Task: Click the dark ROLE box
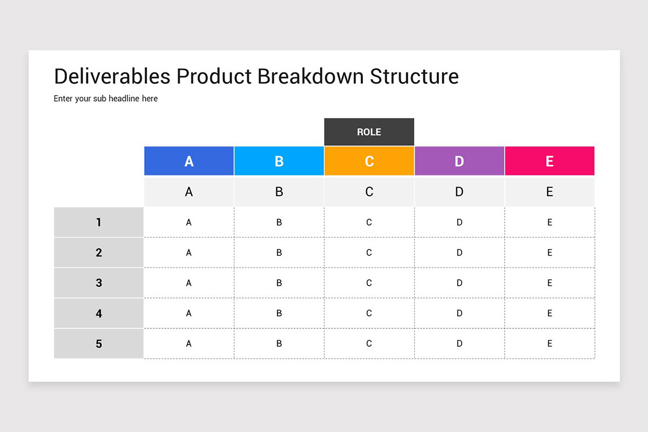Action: [x=369, y=132]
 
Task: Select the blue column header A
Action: [x=189, y=161]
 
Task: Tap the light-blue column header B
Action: [x=279, y=161]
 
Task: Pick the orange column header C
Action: [x=369, y=161]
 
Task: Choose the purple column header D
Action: [x=459, y=161]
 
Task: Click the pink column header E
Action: [x=549, y=161]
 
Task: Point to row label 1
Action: [x=99, y=222]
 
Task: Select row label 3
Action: [x=99, y=282]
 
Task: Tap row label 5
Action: [x=99, y=343]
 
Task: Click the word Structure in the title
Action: [x=414, y=76]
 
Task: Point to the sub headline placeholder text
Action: [x=106, y=99]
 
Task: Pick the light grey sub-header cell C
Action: [x=369, y=192]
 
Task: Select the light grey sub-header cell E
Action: [x=549, y=192]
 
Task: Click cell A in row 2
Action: [x=189, y=252]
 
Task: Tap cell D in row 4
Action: [x=459, y=313]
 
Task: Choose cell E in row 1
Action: [x=549, y=222]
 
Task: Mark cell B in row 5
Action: [x=279, y=343]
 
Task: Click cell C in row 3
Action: [x=369, y=282]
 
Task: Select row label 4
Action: [x=99, y=313]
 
